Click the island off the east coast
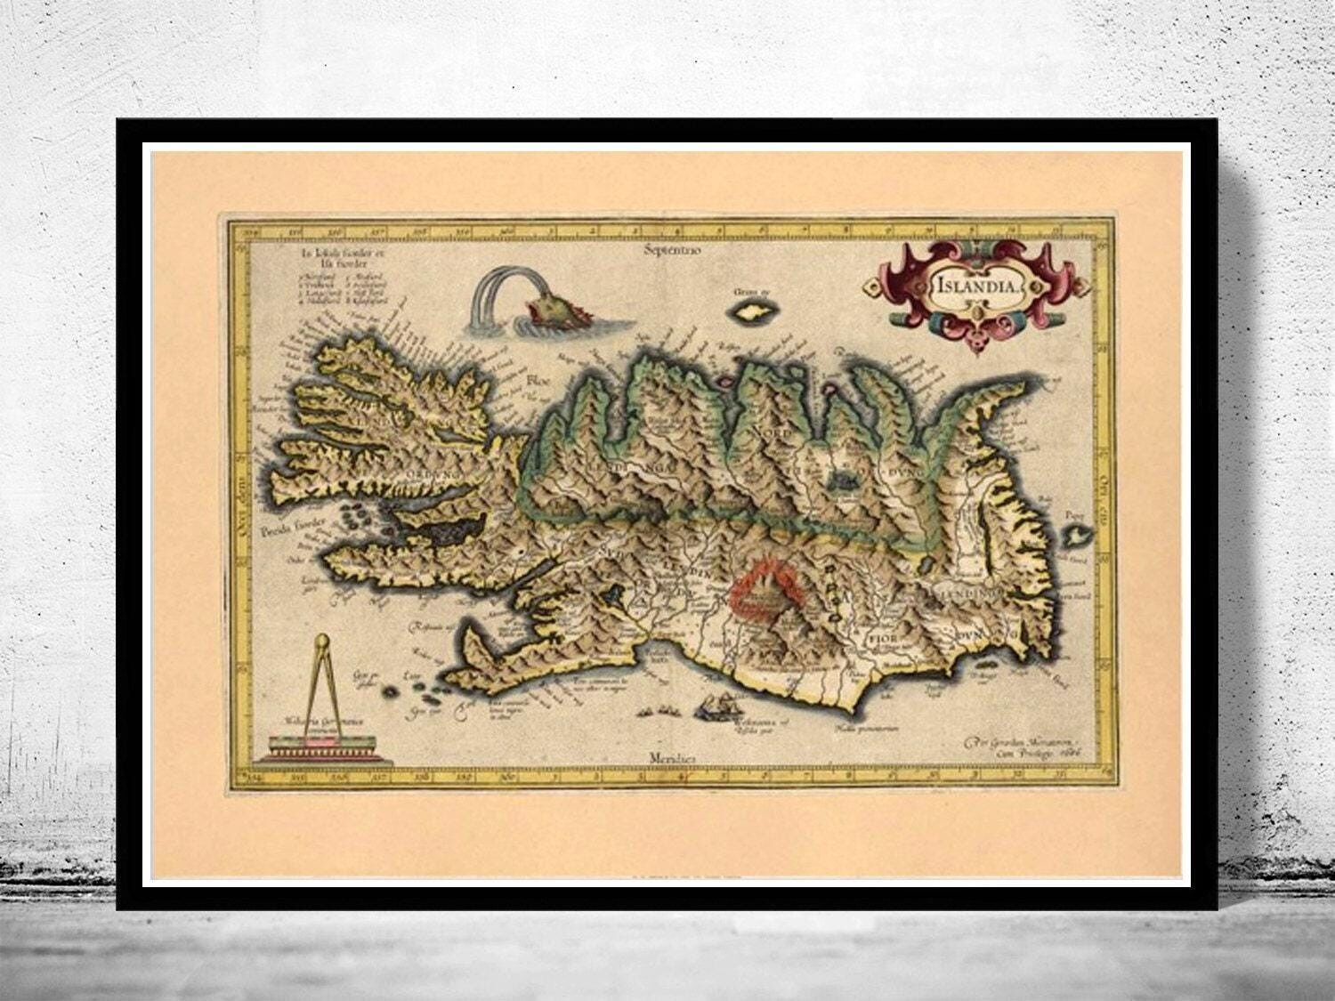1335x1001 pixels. click(x=1079, y=536)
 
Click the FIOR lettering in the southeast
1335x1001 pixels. click(x=882, y=639)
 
